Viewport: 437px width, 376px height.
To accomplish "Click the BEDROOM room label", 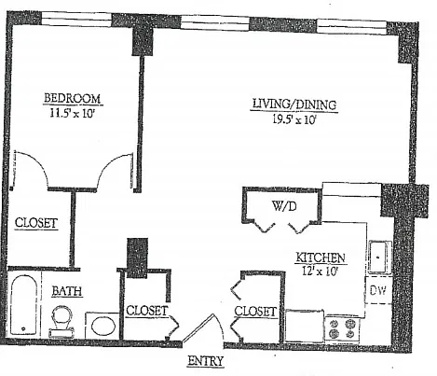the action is coord(72,98).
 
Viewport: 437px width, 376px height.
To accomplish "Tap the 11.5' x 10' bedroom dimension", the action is coord(72,113).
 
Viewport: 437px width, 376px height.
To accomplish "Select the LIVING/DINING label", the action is coord(294,104).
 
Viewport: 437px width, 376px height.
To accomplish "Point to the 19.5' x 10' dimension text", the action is coord(294,119).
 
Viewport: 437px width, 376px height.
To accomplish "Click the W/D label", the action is coord(284,206).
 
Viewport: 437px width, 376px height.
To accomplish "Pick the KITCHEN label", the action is coord(321,258).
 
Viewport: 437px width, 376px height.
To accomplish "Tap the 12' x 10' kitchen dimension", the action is coord(320,272).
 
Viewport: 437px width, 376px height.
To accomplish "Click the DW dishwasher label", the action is coord(378,290).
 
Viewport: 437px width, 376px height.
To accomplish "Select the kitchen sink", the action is coord(379,258).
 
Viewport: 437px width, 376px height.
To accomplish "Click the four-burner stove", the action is coord(342,329).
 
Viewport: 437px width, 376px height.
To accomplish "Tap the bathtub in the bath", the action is coord(23,305).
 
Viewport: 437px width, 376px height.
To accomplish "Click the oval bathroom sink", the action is coord(103,326).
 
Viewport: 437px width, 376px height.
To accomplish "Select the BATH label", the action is coord(67,291).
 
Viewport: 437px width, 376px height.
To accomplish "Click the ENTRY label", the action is coord(205,361).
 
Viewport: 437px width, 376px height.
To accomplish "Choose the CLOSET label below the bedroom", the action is coord(36,223).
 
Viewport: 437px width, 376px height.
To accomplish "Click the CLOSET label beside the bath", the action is coord(147,311).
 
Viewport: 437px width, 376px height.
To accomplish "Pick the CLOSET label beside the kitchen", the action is coord(255,311).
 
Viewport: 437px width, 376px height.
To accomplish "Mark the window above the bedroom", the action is coord(76,20).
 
